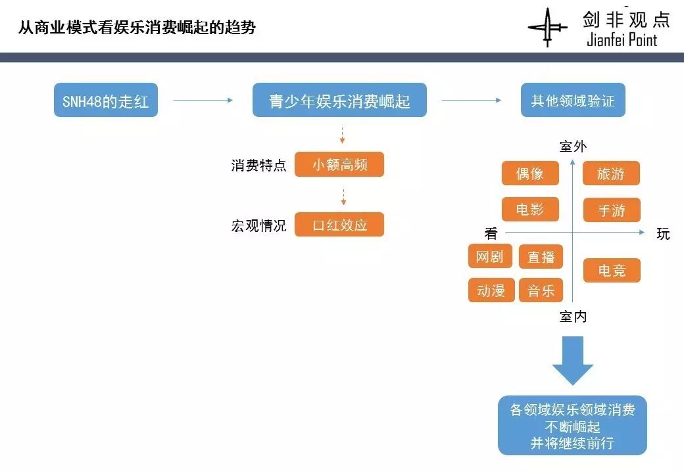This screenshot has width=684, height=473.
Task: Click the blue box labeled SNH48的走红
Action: pos(106,101)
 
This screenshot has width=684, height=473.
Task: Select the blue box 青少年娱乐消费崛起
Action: pos(339,101)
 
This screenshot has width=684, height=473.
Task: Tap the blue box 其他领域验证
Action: pos(573,101)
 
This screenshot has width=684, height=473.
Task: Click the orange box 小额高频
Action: pos(339,164)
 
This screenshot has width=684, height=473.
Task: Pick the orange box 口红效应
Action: pos(339,225)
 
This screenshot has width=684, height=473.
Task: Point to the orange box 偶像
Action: pos(530,173)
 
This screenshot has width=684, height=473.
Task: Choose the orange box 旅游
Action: pos(611,173)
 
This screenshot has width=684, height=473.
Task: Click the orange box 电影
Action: pos(530,210)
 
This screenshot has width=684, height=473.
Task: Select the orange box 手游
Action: pos(611,210)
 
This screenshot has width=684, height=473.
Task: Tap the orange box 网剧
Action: pos(491,256)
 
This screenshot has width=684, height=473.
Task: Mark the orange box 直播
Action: pos(541,257)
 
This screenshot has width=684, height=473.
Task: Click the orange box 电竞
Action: pos(611,270)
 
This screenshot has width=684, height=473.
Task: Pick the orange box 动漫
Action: pos(491,290)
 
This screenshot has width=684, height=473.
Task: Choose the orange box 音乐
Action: pos(541,290)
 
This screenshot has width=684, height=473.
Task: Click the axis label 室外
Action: pos(572,146)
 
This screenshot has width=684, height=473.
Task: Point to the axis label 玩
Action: pos(663,234)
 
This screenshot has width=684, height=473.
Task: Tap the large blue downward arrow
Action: pos(572,360)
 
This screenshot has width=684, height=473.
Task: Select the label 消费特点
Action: pos(258,165)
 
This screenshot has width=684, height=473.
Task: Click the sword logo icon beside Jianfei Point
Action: pos(547,28)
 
